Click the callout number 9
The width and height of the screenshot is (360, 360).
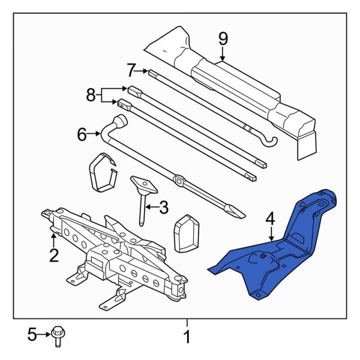[x=223, y=39]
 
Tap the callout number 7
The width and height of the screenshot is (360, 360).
[x=131, y=70]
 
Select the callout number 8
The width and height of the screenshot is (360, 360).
[x=91, y=95]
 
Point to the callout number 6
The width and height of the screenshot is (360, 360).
[x=82, y=135]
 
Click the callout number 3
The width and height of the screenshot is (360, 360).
[x=163, y=208]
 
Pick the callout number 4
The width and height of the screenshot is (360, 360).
[x=271, y=220]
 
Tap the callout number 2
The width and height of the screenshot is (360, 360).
[x=54, y=256]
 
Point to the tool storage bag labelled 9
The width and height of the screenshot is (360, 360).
[x=234, y=84]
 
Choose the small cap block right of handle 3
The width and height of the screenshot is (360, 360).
[x=185, y=233]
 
